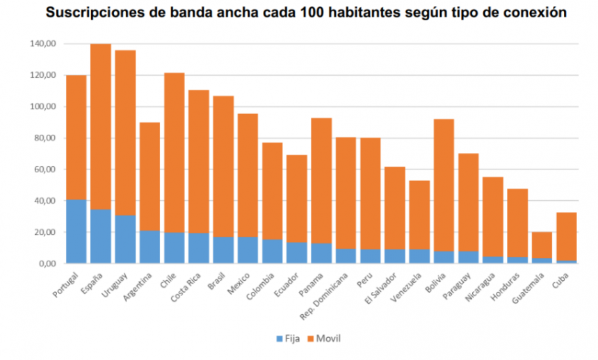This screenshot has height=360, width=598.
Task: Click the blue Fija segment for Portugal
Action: tap(76, 231)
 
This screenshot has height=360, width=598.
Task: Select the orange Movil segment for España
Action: tap(101, 125)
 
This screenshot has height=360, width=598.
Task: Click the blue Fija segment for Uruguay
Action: tap(125, 239)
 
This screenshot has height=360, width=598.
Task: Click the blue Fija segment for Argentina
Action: tap(149, 247)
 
